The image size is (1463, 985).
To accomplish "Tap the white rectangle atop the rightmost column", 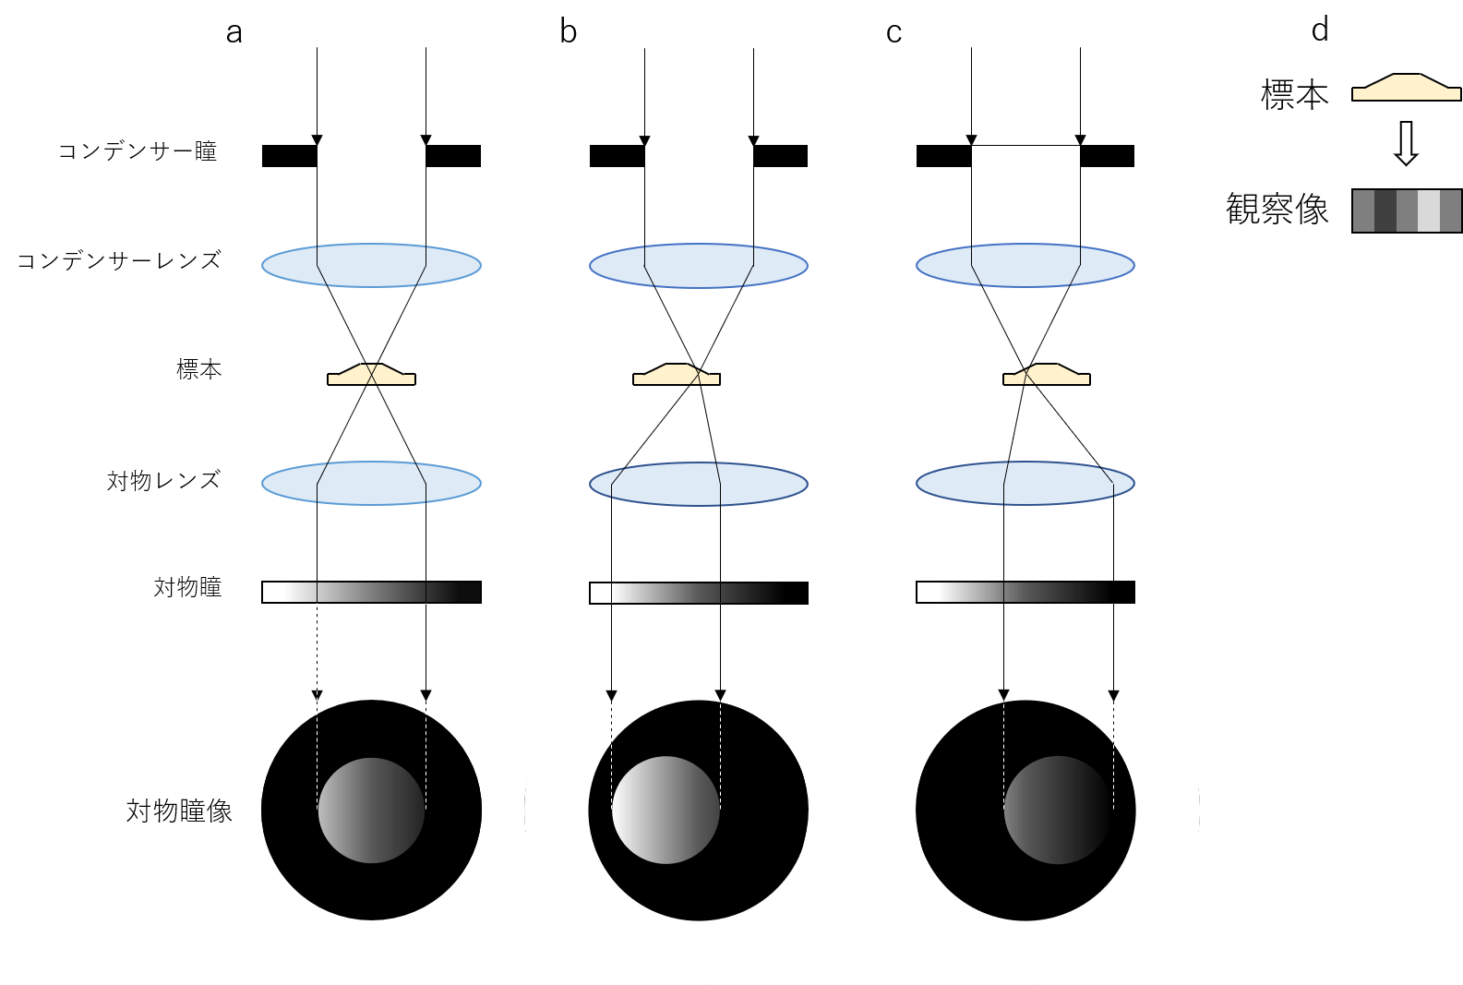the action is [1025, 157].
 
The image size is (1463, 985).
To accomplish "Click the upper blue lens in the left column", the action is [371, 265].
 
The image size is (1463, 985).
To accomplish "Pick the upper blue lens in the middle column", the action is [699, 266].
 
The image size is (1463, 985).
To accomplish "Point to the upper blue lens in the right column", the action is [1025, 265].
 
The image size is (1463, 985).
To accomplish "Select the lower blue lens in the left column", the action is [371, 483].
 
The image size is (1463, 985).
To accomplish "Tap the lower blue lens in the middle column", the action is [699, 484].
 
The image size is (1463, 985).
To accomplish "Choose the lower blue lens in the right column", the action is [1025, 483].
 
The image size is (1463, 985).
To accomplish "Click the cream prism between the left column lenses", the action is [371, 376].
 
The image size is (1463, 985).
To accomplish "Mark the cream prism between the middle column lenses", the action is [676, 376].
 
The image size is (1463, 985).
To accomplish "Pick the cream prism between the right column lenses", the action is [1047, 376].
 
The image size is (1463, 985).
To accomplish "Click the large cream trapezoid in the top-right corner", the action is [1406, 89].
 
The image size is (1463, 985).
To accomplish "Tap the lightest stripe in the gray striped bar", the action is [1428, 210].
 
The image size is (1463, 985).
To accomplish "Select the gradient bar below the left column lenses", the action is [371, 592].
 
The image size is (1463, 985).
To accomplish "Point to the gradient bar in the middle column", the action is [688, 593].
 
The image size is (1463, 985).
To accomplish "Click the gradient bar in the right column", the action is [1015, 592].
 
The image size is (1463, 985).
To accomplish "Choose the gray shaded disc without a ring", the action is [371, 811].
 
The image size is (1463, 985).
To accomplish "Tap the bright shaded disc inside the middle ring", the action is [666, 811].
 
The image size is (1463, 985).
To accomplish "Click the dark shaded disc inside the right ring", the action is [1058, 811].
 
